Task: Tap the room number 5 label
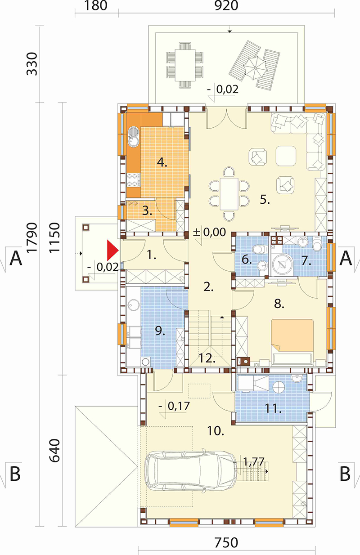pyautogui.click(x=265, y=199)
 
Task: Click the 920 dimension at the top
pyautogui.click(x=226, y=6)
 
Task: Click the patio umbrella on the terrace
pyautogui.click(x=255, y=67)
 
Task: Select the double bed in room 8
pyautogui.click(x=292, y=342)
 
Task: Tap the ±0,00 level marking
pyautogui.click(x=210, y=233)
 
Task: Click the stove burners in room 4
pyautogui.click(x=132, y=180)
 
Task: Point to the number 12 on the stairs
pyautogui.click(x=207, y=358)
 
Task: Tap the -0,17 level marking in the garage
pyautogui.click(x=175, y=406)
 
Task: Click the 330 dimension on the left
pyautogui.click(x=32, y=64)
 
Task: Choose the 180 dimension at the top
pyautogui.click(x=96, y=6)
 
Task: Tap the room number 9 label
pyautogui.click(x=160, y=331)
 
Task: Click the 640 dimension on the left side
pyautogui.click(x=54, y=451)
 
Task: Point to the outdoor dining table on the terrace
pyautogui.click(x=185, y=65)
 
